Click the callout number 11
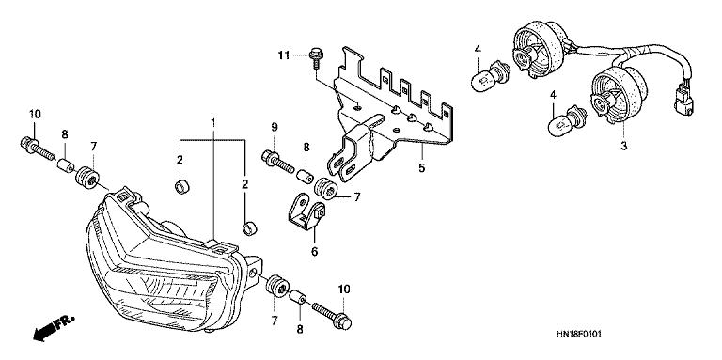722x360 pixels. (284, 55)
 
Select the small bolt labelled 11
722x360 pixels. (316, 58)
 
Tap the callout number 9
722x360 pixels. (274, 126)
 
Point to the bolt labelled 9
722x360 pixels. (277, 161)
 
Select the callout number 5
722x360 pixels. (422, 168)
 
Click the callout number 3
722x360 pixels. (624, 147)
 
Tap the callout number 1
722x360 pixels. (213, 122)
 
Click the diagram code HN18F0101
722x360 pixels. (578, 334)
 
